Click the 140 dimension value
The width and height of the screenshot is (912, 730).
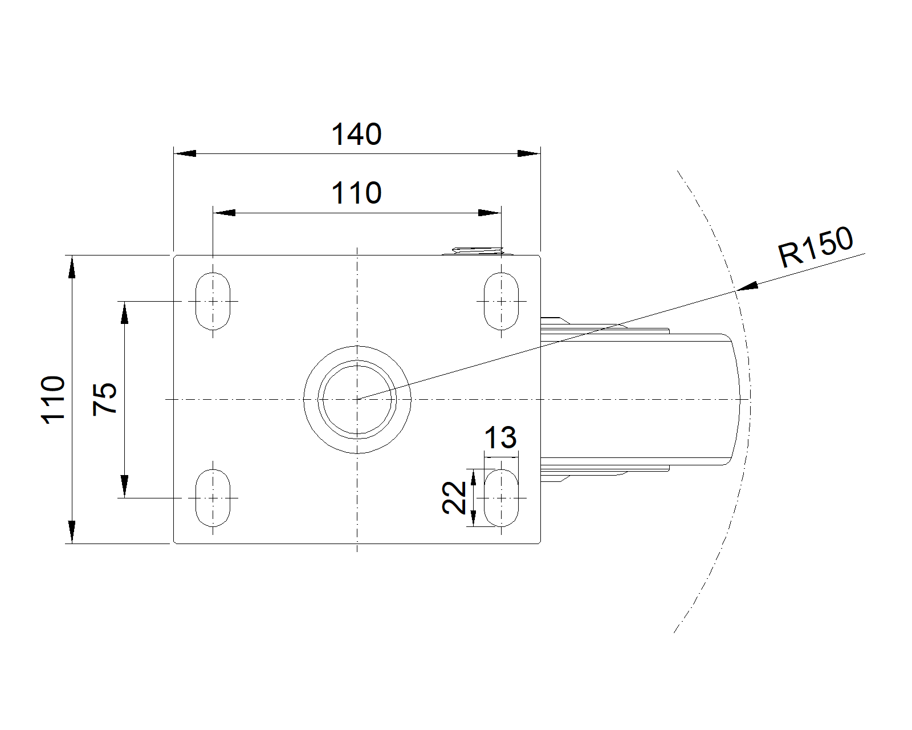(x=356, y=135)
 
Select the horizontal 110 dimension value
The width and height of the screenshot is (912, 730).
(x=356, y=193)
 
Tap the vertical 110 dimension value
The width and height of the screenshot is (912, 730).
(x=53, y=400)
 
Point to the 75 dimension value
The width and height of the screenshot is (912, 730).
(x=105, y=399)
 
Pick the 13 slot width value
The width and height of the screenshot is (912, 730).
(x=500, y=437)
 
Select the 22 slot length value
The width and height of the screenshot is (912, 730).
(x=454, y=497)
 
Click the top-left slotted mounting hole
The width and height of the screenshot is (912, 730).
(x=213, y=301)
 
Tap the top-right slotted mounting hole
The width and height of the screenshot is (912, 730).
(x=502, y=301)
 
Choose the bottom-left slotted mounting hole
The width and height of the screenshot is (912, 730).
(x=213, y=497)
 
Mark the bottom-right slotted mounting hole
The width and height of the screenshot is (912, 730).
(x=502, y=497)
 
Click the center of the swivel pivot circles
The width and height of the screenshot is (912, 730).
(x=357, y=400)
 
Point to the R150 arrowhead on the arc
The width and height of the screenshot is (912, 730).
(x=747, y=286)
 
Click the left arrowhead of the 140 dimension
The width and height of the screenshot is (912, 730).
(x=185, y=153)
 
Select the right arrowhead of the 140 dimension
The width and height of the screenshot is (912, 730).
(x=530, y=153)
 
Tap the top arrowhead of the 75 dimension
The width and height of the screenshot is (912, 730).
(x=125, y=313)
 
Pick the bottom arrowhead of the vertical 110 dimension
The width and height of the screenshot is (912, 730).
(x=72, y=532)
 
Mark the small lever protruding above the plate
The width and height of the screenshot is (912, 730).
(x=478, y=251)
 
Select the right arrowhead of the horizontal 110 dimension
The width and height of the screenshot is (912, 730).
(x=490, y=213)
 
